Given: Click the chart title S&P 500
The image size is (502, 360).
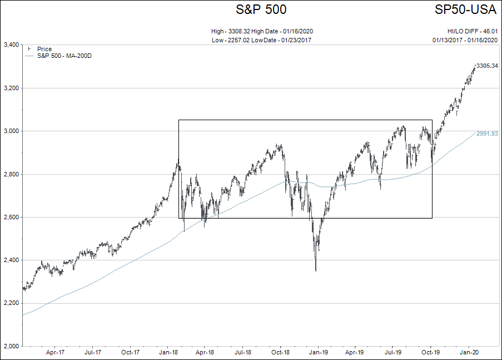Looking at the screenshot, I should pos(261,9).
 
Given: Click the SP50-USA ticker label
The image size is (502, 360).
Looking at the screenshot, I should pos(465,9).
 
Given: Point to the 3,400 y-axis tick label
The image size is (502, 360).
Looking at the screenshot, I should pos(11,45).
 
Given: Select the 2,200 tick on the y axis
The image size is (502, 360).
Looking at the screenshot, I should pos(11,303).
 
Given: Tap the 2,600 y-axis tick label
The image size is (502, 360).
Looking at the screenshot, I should pos(11,217).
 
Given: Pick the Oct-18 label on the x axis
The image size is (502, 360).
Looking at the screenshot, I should pos(280,352).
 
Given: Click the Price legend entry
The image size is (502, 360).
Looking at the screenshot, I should pos(44,49).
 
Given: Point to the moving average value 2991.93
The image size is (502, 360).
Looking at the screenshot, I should pos(487,134).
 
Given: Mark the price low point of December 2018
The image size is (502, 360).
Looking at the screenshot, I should pos(316,270).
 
